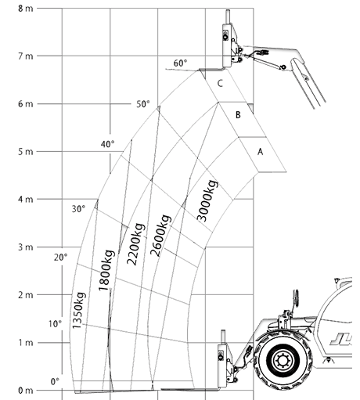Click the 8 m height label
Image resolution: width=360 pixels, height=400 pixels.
(x=26, y=9)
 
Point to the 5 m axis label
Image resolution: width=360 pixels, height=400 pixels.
(x=26, y=152)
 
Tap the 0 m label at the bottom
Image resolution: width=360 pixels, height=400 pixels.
(x=26, y=391)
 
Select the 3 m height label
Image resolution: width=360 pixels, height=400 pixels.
(x=26, y=247)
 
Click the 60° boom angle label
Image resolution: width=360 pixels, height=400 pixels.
(x=180, y=63)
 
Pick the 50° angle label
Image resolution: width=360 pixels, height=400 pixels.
(x=143, y=104)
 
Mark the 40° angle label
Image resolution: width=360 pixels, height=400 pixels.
(x=107, y=144)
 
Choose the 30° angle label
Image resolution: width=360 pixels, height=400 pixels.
(x=78, y=209)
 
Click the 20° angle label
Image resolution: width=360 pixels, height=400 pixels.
(x=60, y=258)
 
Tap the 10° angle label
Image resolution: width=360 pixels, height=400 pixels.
(x=55, y=324)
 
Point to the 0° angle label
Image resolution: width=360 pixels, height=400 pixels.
(x=55, y=382)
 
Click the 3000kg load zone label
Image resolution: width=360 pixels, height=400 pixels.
(x=207, y=201)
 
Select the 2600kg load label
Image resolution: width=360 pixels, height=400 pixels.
(x=160, y=236)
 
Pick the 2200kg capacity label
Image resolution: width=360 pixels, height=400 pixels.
(x=135, y=244)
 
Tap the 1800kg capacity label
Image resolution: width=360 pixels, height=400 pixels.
(x=106, y=271)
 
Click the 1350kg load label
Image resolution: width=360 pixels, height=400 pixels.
(x=78, y=310)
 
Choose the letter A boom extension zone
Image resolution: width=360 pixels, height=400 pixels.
(x=260, y=152)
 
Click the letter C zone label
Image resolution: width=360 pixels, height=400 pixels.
(x=220, y=84)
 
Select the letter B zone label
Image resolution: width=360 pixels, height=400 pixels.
(x=238, y=115)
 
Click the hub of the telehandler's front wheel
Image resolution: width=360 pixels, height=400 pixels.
(x=282, y=361)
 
